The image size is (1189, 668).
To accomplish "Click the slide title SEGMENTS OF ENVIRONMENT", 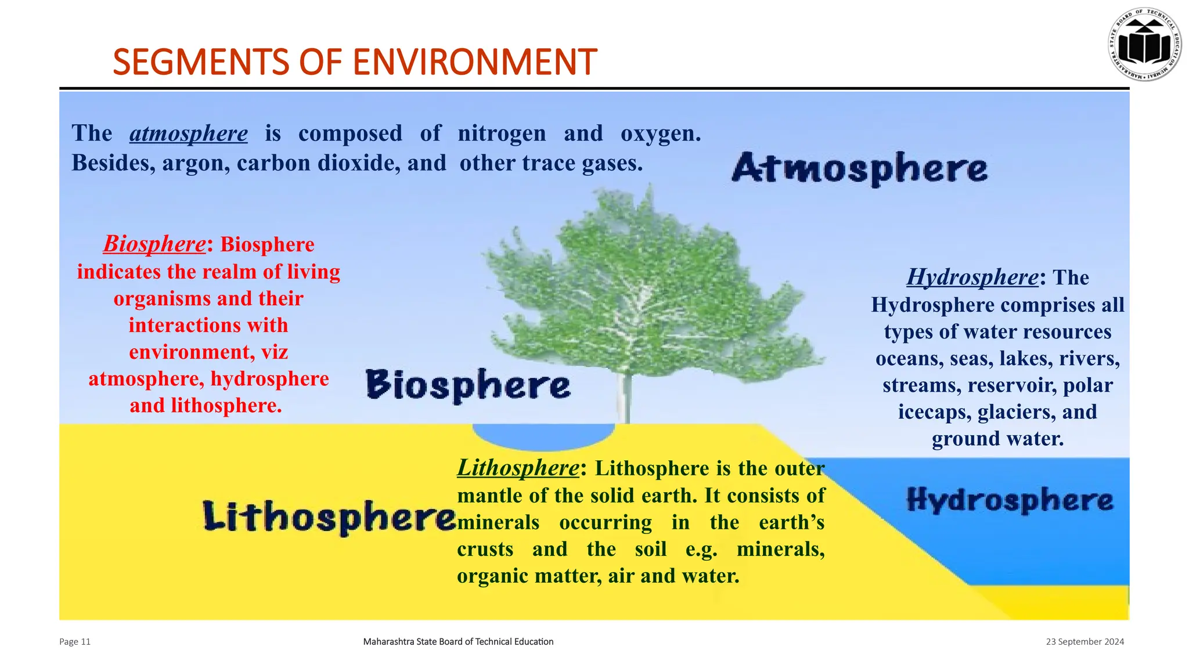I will click(x=354, y=62).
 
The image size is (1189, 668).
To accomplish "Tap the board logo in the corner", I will click(x=1145, y=45).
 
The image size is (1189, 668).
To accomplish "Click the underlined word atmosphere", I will click(x=189, y=133).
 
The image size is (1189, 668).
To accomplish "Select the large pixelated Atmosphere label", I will click(x=859, y=169).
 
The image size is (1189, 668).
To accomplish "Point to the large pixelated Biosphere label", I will click(x=468, y=385).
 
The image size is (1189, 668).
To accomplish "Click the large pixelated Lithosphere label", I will click(x=329, y=517).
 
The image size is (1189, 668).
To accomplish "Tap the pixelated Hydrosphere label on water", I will click(x=1010, y=500).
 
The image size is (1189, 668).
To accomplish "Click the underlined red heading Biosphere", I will click(x=154, y=244).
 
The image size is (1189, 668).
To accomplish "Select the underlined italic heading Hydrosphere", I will click(x=972, y=277).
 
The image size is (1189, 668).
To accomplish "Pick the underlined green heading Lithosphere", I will click(x=518, y=468).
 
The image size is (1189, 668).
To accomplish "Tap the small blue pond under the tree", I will click(x=543, y=436).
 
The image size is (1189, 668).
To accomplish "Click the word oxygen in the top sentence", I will click(x=660, y=133).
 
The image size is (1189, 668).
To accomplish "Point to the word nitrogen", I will click(x=502, y=133).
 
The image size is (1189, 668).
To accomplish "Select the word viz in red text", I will click(x=273, y=352).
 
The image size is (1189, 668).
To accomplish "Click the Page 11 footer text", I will click(x=75, y=641).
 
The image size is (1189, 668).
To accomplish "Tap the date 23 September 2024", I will click(x=1084, y=641).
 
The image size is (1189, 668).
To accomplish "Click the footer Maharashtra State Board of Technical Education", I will click(x=458, y=641).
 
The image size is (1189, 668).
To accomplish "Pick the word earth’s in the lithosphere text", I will click(x=791, y=522).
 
